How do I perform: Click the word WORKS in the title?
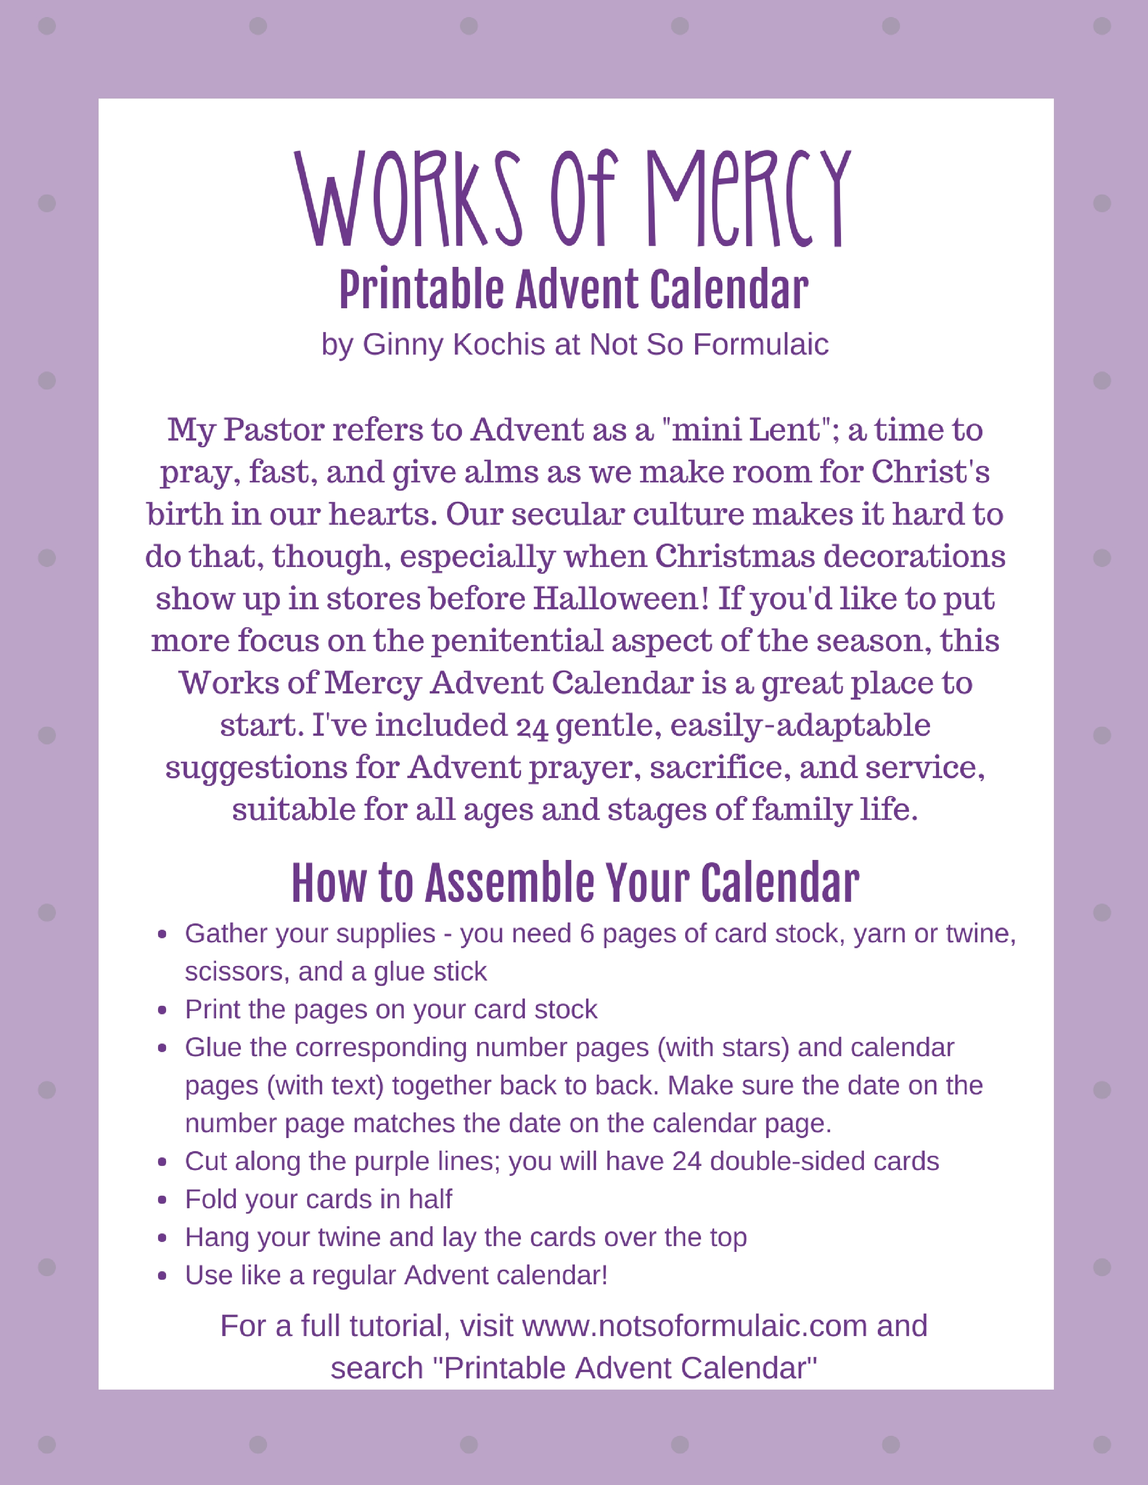408,198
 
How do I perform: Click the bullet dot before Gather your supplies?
162,934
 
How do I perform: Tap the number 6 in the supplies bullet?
587,934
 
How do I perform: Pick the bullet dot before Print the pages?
162,1010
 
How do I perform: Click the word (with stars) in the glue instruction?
723,1048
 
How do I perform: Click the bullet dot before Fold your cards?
162,1200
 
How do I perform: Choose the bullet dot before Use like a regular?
162,1276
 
